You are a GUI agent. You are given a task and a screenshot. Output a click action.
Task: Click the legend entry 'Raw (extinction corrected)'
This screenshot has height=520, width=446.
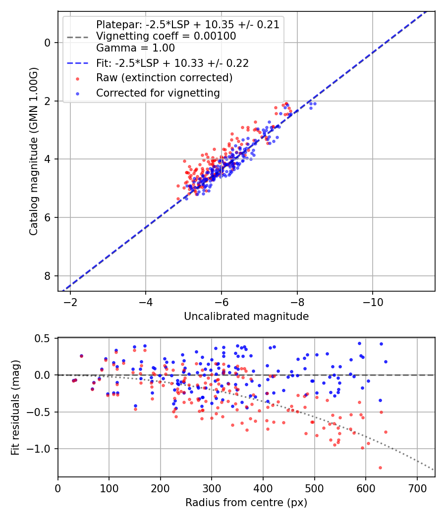(x=164, y=78)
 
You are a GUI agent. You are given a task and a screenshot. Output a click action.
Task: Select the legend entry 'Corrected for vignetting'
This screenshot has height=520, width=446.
(x=158, y=93)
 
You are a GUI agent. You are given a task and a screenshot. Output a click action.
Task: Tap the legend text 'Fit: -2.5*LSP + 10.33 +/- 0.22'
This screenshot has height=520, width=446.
(x=172, y=63)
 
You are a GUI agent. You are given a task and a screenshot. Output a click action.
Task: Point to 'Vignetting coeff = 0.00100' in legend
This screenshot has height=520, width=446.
(x=166, y=36)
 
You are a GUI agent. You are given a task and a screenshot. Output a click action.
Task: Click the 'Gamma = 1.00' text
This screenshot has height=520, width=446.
(x=135, y=48)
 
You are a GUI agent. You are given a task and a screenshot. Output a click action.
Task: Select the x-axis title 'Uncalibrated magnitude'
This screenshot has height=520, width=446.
(x=246, y=316)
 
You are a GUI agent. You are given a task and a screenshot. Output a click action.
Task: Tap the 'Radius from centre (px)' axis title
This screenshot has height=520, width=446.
(x=246, y=503)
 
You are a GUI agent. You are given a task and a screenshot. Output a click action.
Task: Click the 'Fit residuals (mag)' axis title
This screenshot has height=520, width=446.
(x=15, y=408)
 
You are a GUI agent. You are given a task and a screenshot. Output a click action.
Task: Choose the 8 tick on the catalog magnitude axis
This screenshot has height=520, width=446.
(x=48, y=276)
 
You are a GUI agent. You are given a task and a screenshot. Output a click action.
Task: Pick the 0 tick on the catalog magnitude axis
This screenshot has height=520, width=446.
(x=48, y=43)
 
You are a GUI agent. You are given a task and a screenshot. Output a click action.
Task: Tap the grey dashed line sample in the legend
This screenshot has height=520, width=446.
(x=77, y=37)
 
